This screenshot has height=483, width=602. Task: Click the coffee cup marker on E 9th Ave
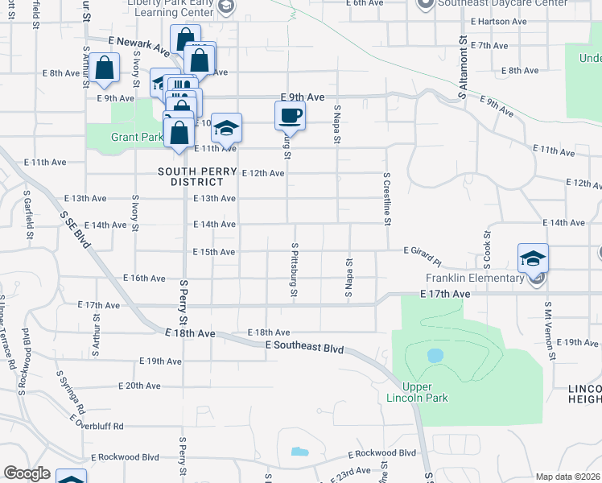click(x=290, y=115)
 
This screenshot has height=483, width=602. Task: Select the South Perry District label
click(x=190, y=176)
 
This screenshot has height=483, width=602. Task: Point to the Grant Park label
click(x=137, y=138)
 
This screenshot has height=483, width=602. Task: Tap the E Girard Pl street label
click(x=423, y=256)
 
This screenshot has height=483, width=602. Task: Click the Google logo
click(x=26, y=473)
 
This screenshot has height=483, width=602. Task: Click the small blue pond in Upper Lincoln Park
click(x=435, y=355)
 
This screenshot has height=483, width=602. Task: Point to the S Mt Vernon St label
click(x=550, y=330)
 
